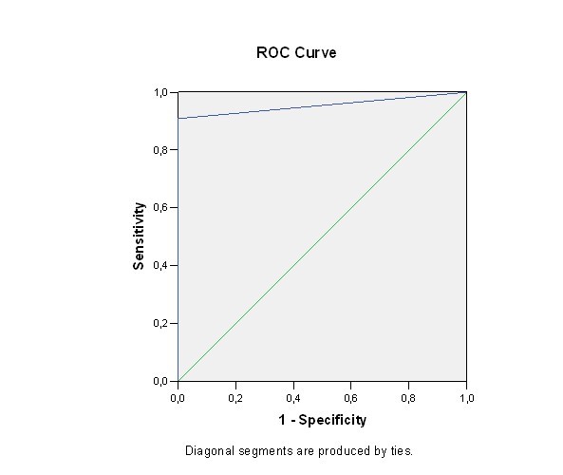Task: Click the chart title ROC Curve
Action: [x=296, y=53]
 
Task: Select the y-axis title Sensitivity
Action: [x=139, y=236]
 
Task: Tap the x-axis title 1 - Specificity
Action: [x=323, y=420]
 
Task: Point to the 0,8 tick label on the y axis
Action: [x=160, y=150]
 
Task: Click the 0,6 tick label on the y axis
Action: [x=160, y=208]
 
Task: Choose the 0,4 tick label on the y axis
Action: [x=160, y=266]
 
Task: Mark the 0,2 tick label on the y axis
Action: [x=160, y=323]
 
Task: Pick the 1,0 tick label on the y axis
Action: [x=160, y=93]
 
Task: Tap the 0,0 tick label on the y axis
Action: [x=160, y=381]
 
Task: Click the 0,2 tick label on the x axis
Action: [x=235, y=398]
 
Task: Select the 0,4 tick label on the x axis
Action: [x=293, y=398]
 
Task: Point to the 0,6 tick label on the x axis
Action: [x=350, y=398]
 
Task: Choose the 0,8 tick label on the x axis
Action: [x=408, y=398]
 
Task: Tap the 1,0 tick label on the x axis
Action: [x=467, y=398]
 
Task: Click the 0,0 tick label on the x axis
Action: [x=178, y=398]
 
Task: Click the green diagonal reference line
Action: [x=323, y=237]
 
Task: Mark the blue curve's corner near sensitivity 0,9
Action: [x=178, y=118]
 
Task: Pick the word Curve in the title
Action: [x=315, y=53]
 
